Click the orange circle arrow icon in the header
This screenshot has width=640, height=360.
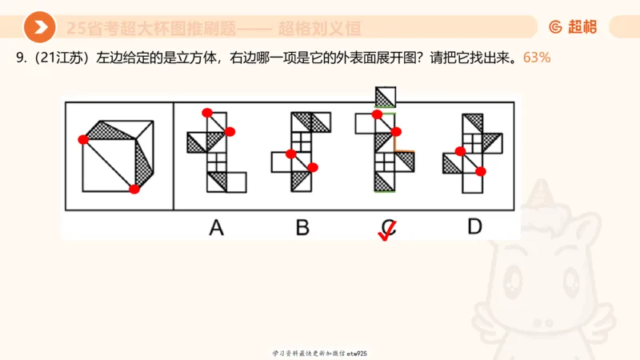[x=39, y=28]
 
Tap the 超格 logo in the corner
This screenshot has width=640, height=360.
[x=573, y=27]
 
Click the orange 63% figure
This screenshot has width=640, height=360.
[x=536, y=58]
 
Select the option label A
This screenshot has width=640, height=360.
[x=216, y=228]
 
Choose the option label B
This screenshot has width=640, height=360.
[x=302, y=228]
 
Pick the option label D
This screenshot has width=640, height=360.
[x=475, y=227]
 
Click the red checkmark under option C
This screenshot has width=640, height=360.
[x=387, y=233]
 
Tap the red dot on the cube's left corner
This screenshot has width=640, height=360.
[x=82, y=140]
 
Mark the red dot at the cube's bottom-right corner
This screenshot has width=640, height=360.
[x=134, y=189]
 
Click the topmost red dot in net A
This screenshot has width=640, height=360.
[x=206, y=112]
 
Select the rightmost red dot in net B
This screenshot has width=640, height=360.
[x=313, y=167]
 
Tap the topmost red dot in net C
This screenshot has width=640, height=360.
[x=377, y=114]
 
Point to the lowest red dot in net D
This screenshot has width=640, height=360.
[x=480, y=170]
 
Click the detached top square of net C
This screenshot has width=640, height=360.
[x=386, y=97]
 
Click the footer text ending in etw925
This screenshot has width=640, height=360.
[x=319, y=353]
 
